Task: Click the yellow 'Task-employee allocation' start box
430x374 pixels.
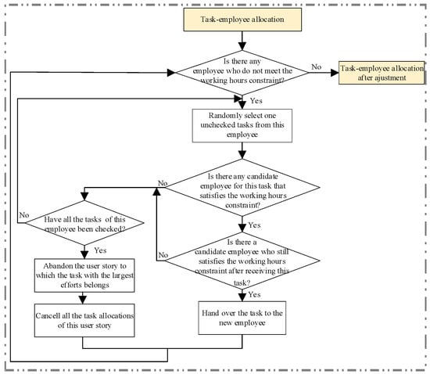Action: (x=242, y=20)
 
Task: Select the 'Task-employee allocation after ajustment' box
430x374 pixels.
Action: (x=382, y=73)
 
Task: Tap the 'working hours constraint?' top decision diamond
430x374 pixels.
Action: (x=242, y=73)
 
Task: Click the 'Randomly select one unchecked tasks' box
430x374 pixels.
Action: (x=242, y=126)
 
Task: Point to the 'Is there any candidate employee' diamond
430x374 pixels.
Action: (x=242, y=188)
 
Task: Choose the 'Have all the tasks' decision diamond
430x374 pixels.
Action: (x=84, y=223)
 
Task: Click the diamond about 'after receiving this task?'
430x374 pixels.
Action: (x=242, y=261)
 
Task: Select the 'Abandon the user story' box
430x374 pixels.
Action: (x=84, y=275)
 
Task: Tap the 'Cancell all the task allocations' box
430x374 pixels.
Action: (x=84, y=320)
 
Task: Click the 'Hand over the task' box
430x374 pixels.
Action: (x=242, y=318)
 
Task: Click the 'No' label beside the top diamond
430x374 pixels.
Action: (x=316, y=67)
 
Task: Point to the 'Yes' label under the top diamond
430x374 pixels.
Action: (x=256, y=101)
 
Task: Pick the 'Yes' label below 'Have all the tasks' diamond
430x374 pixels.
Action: (x=100, y=250)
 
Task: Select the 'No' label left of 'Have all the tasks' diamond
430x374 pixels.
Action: (x=24, y=215)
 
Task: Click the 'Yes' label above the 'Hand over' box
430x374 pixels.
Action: (x=255, y=294)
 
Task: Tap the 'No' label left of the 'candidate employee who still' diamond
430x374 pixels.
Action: (x=163, y=255)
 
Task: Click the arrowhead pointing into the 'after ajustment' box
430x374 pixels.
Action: (x=335, y=73)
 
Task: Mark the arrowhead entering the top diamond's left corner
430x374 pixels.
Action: (x=171, y=73)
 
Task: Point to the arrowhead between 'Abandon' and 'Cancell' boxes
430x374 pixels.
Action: (x=83, y=300)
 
